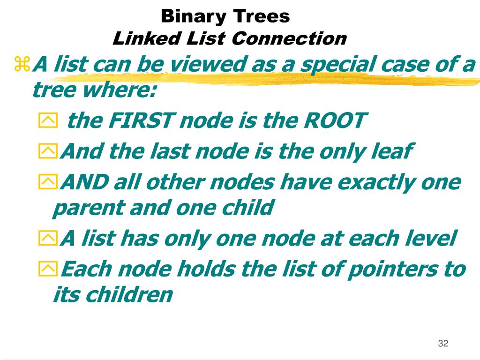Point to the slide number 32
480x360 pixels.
[x=443, y=344]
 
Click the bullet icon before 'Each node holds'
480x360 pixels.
[x=47, y=269]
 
